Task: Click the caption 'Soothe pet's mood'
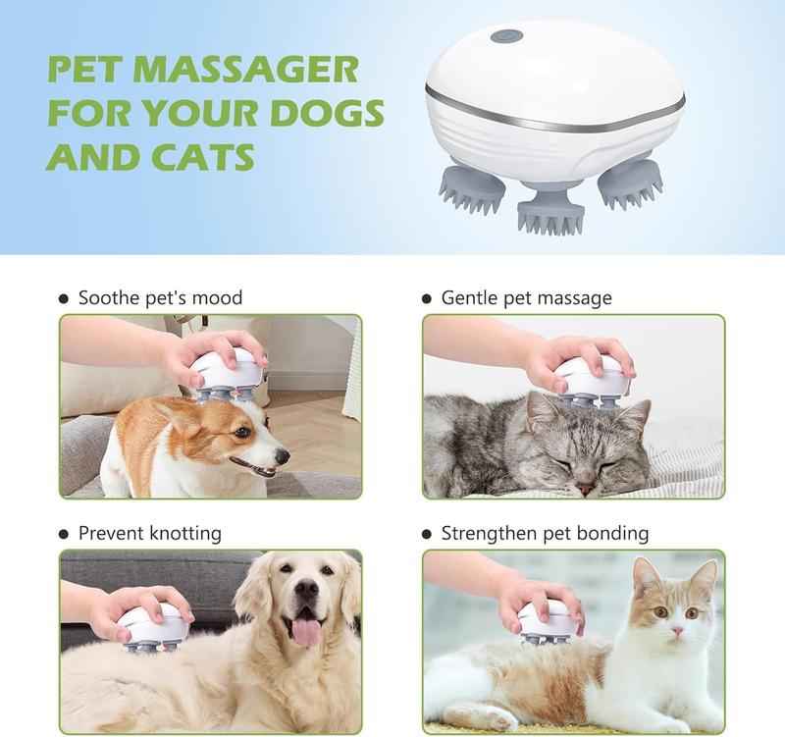[160, 297]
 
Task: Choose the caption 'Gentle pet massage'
[526, 297]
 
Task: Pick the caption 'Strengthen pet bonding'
[545, 534]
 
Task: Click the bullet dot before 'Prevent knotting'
[65, 535]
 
